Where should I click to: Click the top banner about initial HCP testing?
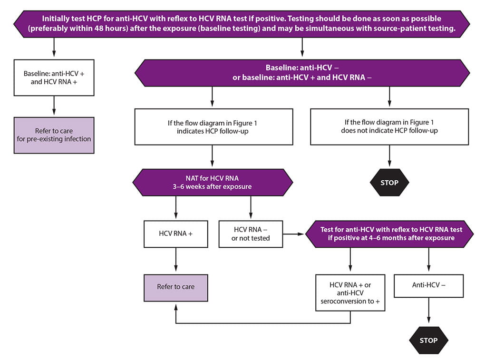pyautogui.click(x=242, y=23)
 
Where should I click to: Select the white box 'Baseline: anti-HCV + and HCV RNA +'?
pyautogui.click(x=54, y=78)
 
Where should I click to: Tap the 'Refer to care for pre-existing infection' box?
pyautogui.click(x=54, y=135)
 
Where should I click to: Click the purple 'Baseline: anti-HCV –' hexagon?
pyautogui.click(x=302, y=73)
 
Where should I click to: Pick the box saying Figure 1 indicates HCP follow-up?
pyautogui.click(x=213, y=126)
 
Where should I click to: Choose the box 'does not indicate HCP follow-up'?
pyautogui.click(x=389, y=126)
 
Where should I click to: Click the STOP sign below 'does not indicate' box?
pyautogui.click(x=389, y=183)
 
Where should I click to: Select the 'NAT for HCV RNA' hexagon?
pyautogui.click(x=213, y=182)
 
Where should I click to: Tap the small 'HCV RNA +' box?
pyautogui.click(x=176, y=234)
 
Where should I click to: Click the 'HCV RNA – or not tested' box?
pyautogui.click(x=251, y=234)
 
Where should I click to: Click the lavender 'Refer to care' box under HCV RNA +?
pyautogui.click(x=176, y=287)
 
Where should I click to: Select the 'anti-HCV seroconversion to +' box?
pyautogui.click(x=350, y=292)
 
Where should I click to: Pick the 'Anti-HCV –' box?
pyautogui.click(x=429, y=286)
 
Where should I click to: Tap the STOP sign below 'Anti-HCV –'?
pyautogui.click(x=429, y=340)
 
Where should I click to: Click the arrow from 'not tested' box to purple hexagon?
pyautogui.click(x=294, y=234)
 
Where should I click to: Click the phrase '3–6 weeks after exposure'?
pyautogui.click(x=213, y=187)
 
